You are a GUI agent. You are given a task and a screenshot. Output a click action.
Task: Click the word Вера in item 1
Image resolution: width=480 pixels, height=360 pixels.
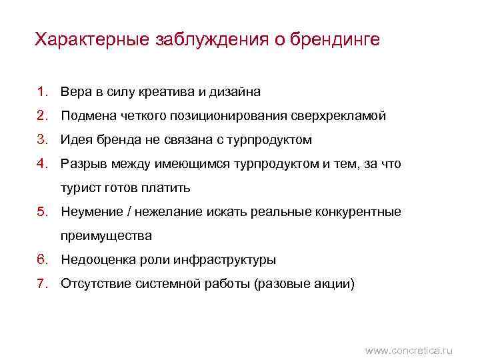coord(74,91)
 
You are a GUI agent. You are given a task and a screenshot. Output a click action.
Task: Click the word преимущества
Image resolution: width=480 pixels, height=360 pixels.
coord(106,235)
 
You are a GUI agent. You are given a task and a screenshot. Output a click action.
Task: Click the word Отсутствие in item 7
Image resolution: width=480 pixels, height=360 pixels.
coord(94,283)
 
